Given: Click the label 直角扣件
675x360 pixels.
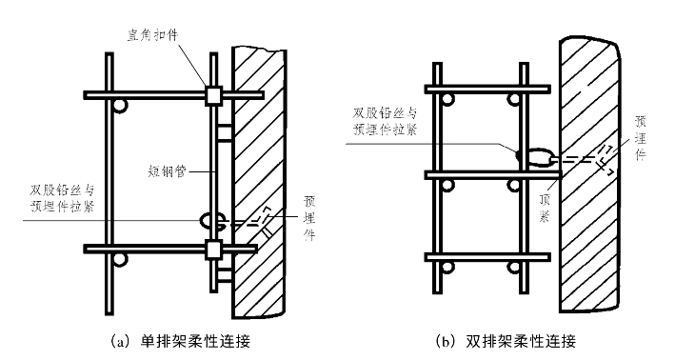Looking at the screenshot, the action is pos(152,35).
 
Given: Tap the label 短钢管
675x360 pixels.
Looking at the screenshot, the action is pos(167,171).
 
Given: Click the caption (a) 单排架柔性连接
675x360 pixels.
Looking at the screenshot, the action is pos(180,342).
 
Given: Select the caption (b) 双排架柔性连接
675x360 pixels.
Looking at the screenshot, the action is pos(506,342).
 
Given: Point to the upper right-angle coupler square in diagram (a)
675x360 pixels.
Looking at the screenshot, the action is pos(213,95).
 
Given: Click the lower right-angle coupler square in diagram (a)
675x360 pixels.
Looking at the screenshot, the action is pos(213,250).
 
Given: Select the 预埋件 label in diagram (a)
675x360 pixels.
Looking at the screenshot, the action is pos(309,218).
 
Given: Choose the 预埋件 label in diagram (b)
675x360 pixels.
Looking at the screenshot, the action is pos(641,138).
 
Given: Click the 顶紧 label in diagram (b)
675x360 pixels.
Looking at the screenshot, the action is pos(545,208).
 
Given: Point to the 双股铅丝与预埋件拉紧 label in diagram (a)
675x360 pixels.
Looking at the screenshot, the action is pos(63,198).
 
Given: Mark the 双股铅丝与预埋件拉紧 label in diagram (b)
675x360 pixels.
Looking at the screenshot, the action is pos(386,121).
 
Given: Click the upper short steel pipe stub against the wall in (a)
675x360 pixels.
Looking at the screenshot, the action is pos(225,133).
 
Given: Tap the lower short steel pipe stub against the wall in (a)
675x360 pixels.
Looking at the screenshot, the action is pos(225,274).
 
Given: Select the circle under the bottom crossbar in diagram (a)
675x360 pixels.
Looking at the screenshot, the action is pos(120,260).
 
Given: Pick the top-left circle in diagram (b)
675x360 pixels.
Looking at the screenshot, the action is pos(447,100).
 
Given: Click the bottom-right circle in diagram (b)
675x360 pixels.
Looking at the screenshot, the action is pos(513,268).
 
